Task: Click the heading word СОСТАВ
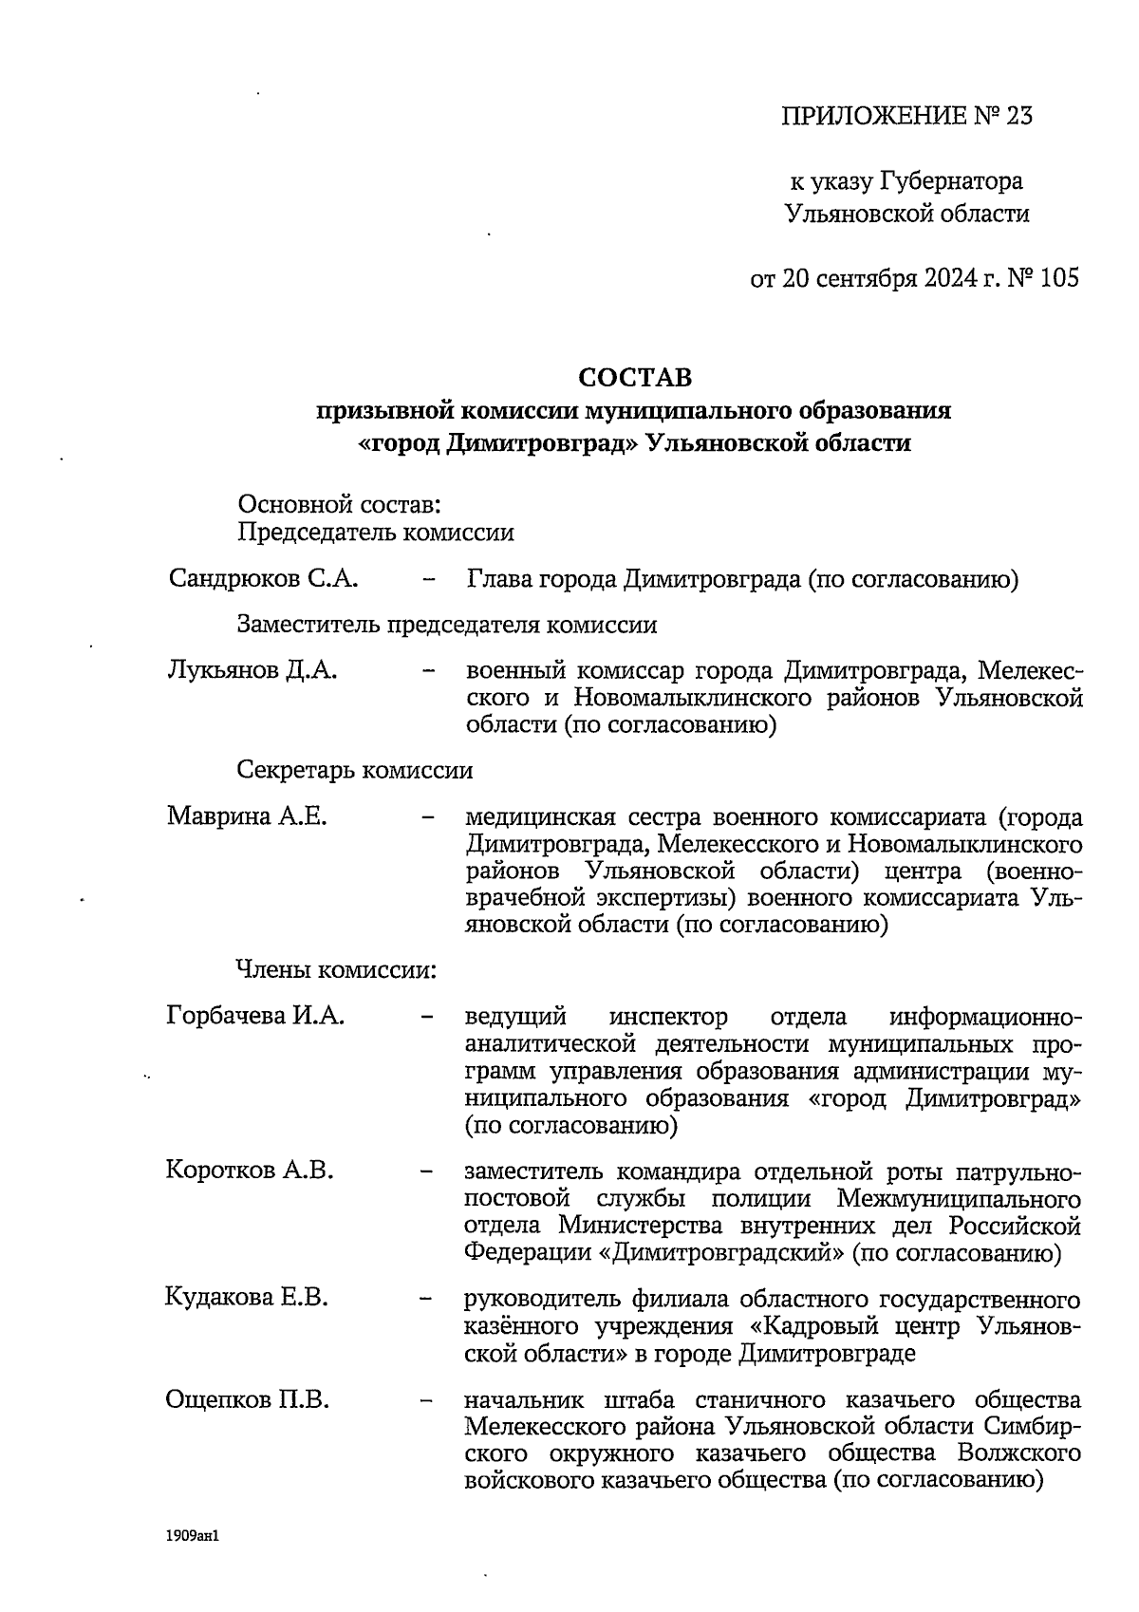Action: (635, 377)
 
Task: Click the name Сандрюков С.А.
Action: (263, 578)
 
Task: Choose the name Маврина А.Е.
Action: (247, 815)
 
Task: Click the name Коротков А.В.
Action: (250, 1170)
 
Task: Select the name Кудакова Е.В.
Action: (247, 1297)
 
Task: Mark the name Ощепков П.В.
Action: (248, 1399)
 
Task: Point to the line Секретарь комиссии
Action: (354, 770)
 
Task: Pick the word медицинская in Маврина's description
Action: (541, 816)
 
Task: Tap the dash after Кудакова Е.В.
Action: (427, 1298)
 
